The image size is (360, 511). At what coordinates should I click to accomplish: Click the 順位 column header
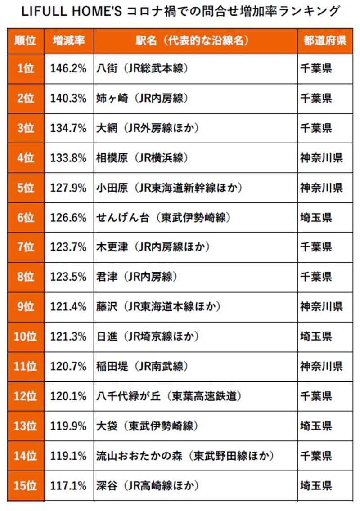pos(26,40)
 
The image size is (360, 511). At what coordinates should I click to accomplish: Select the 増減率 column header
pos(69,40)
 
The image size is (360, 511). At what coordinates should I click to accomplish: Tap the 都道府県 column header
pos(324,40)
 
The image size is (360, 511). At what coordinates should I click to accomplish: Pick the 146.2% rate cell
pos(69,68)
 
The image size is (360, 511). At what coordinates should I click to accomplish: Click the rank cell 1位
pos(26,68)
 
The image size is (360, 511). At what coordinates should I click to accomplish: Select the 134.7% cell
pos(69,128)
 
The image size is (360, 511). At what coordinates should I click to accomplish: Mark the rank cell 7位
pos(26,247)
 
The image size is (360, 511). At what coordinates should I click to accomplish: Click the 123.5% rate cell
pos(69,277)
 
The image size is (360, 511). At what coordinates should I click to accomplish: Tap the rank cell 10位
pos(26,336)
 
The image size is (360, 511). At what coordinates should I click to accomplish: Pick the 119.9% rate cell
pos(69,426)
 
